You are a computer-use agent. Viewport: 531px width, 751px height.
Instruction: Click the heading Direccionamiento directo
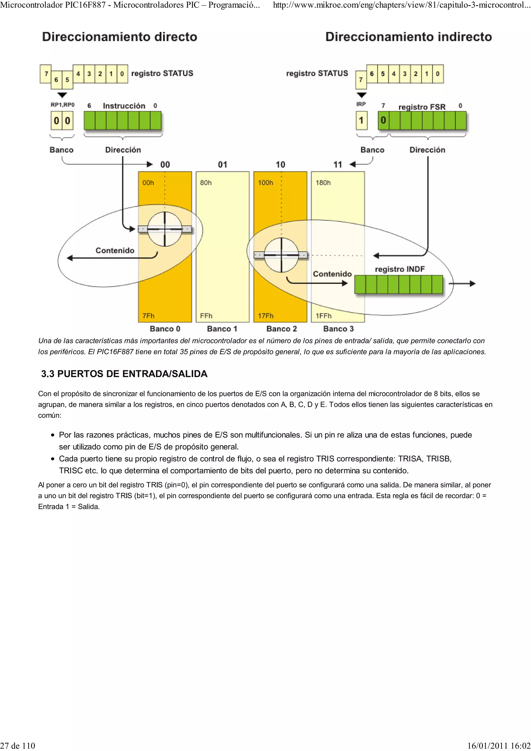coord(120,37)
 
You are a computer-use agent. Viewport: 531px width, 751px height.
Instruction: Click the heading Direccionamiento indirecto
coord(408,37)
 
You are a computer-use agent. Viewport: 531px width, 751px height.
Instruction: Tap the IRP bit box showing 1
coord(361,120)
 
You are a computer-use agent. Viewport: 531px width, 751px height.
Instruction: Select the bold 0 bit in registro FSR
coord(383,120)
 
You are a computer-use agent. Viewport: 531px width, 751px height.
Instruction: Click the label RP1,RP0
coord(62,105)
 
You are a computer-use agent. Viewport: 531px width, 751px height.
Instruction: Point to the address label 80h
coord(206,182)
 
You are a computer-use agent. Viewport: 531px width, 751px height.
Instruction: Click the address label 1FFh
coord(324,316)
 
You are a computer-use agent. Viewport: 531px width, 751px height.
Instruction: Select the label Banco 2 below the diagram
coord(281,329)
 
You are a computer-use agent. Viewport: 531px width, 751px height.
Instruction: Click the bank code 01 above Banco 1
coord(222,165)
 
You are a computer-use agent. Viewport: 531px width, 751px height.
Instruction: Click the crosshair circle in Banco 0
coord(165,229)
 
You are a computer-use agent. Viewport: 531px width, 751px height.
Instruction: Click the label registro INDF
coord(400,269)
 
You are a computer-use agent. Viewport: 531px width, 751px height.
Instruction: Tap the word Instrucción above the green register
coord(124,106)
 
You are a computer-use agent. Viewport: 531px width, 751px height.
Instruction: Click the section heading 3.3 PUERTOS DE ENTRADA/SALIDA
coord(124,374)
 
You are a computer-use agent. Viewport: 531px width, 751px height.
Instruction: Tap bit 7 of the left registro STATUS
coord(46,74)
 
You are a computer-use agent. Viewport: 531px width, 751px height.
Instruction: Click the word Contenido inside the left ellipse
coord(115,250)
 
